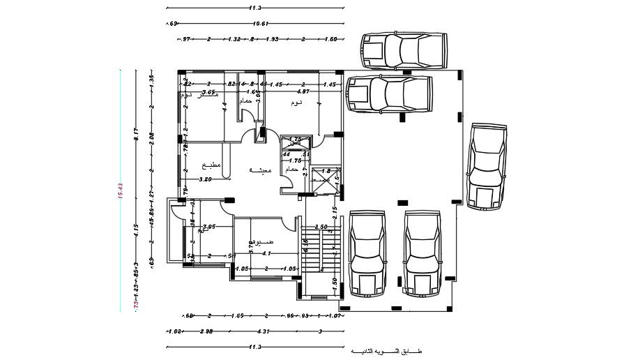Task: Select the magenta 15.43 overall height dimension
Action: pos(120,191)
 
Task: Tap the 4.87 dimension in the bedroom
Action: pos(303,91)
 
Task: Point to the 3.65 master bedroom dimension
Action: pos(208,91)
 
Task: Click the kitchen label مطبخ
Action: pos(211,165)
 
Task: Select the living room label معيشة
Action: pos(260,170)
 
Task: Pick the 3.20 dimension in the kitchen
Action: pos(205,179)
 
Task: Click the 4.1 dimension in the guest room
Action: pos(266,253)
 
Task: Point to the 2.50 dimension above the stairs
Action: pos(321,227)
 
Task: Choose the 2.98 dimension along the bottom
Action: pos(206,331)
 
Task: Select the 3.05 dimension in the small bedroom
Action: pos(208,227)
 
